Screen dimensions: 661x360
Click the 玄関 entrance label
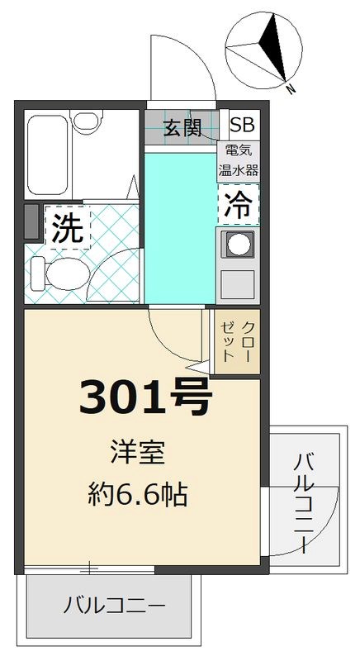point(182,127)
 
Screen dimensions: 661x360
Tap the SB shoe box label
point(242,126)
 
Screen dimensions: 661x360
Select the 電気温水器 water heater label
point(239,162)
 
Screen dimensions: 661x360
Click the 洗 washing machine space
point(68,227)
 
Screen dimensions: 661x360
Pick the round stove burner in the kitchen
point(238,245)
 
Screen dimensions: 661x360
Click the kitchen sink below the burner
point(238,283)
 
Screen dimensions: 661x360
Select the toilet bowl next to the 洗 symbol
point(58,270)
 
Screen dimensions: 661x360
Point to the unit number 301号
point(145,400)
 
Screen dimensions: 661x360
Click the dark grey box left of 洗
point(31,222)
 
